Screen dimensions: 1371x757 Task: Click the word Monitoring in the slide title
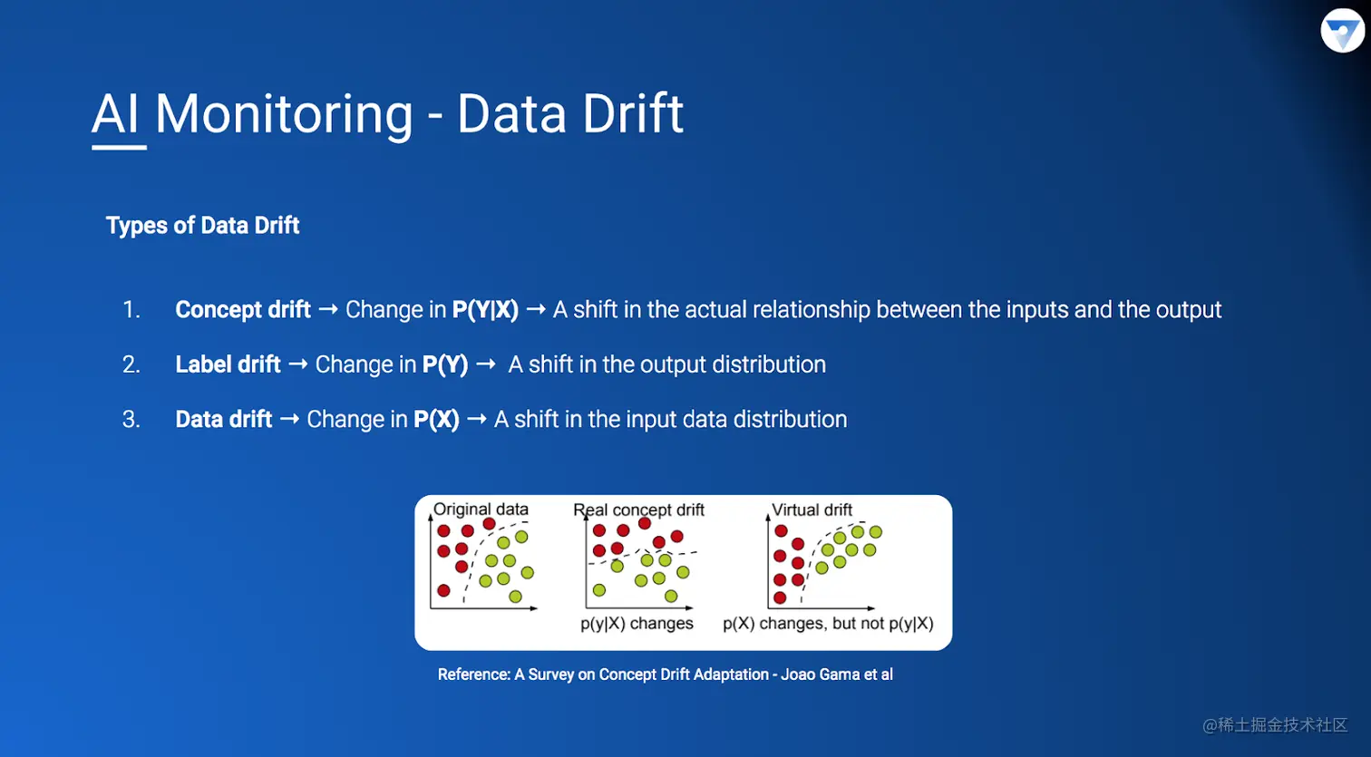point(284,115)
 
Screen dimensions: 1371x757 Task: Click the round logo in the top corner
point(1343,31)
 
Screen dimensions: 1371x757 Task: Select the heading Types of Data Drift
point(202,226)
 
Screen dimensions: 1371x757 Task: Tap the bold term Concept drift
point(243,310)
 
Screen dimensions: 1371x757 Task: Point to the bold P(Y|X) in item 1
point(485,310)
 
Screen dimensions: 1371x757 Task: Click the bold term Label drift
point(228,364)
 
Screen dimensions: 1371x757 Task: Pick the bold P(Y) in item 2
point(445,364)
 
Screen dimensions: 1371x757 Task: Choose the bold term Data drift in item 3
point(223,419)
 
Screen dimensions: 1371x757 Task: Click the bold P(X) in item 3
point(436,419)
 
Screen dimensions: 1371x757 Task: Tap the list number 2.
point(131,364)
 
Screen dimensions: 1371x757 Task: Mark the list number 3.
point(131,420)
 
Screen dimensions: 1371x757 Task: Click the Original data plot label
point(481,510)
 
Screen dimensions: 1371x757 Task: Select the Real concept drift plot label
point(638,510)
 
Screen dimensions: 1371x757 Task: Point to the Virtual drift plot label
point(812,510)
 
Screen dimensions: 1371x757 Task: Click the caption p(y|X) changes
point(637,624)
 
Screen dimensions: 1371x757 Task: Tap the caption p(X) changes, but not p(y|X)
point(828,624)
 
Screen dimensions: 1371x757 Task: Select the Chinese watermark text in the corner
point(1275,725)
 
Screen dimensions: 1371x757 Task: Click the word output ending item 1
point(1189,310)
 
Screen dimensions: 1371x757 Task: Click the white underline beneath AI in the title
point(120,148)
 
